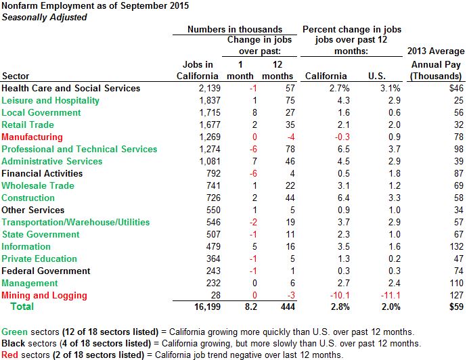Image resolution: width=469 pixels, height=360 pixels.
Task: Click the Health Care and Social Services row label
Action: tap(71, 88)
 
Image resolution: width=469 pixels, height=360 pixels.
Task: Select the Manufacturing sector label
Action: tap(32, 137)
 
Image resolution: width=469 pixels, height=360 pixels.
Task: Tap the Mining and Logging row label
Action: tap(44, 295)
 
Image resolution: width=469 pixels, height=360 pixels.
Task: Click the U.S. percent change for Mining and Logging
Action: tap(386, 295)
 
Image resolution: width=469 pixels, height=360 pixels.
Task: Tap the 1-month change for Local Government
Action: tap(233, 112)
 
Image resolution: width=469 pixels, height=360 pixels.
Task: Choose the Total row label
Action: tap(21, 307)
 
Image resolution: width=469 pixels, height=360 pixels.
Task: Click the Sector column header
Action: tap(16, 76)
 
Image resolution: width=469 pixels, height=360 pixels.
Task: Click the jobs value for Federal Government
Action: tap(200, 271)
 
